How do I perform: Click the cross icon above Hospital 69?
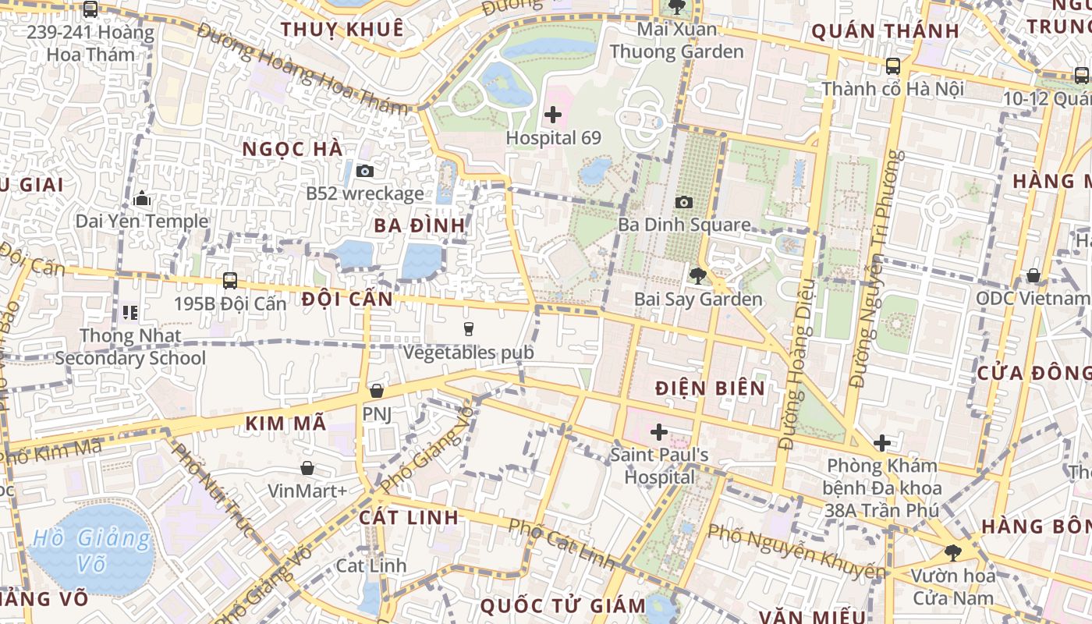pyautogui.click(x=553, y=115)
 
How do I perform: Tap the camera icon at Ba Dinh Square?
pyautogui.click(x=684, y=203)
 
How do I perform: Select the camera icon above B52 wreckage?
pyautogui.click(x=364, y=171)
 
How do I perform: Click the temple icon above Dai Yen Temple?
pyautogui.click(x=142, y=199)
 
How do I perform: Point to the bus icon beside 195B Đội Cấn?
pyautogui.click(x=230, y=280)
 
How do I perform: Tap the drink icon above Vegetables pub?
pyautogui.click(x=468, y=330)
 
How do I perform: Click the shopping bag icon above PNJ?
pyautogui.click(x=377, y=390)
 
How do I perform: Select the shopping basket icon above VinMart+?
pyautogui.click(x=307, y=468)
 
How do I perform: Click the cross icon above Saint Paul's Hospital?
pyautogui.click(x=659, y=431)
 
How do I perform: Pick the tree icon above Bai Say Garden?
pyautogui.click(x=697, y=275)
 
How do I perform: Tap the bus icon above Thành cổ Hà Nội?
pyautogui.click(x=893, y=66)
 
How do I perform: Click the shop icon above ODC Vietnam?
pyautogui.click(x=1033, y=275)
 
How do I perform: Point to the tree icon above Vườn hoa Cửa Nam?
pyautogui.click(x=952, y=553)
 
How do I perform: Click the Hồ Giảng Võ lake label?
pyautogui.click(x=92, y=550)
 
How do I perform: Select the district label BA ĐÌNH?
pyautogui.click(x=419, y=225)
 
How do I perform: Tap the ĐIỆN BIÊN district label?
pyautogui.click(x=710, y=388)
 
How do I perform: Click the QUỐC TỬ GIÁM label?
pyautogui.click(x=563, y=605)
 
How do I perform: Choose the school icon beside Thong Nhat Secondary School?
pyautogui.click(x=129, y=313)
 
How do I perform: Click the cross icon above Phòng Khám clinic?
pyautogui.click(x=882, y=443)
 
